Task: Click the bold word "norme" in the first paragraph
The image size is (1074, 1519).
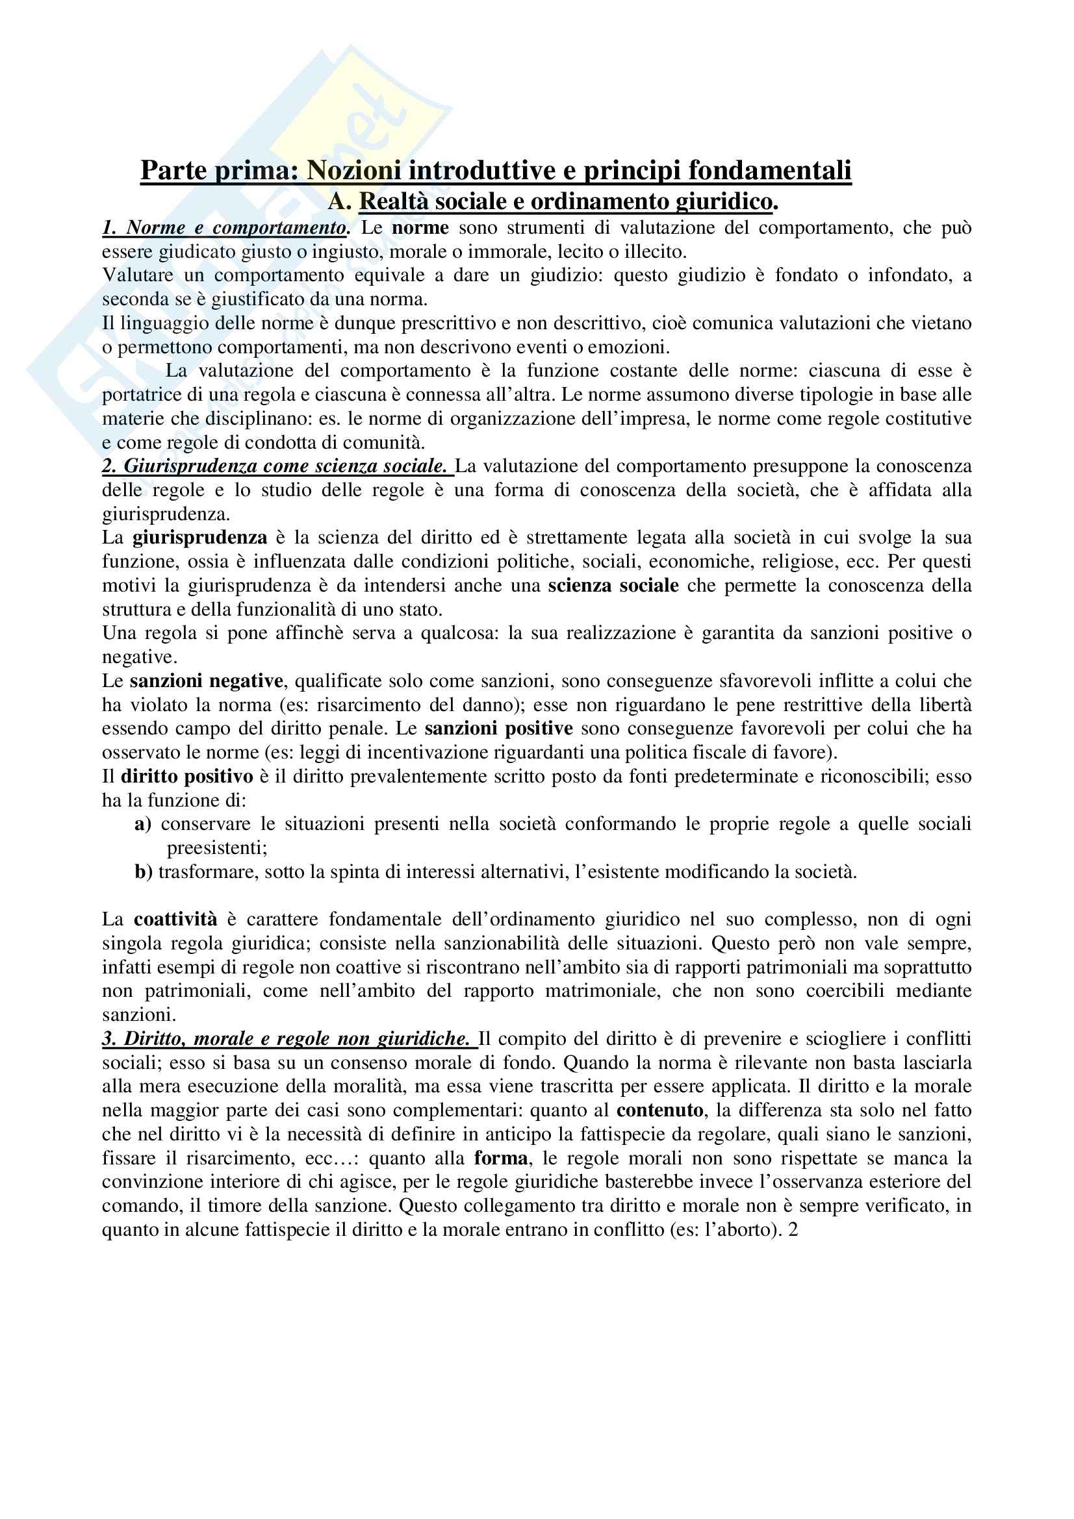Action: pyautogui.click(x=420, y=227)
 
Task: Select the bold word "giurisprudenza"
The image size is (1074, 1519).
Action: pyautogui.click(x=200, y=537)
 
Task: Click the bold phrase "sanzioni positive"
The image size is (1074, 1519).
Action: pyautogui.click(x=498, y=729)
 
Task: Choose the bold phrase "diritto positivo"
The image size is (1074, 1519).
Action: pyautogui.click(x=186, y=776)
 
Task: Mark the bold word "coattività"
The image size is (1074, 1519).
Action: pyautogui.click(x=175, y=919)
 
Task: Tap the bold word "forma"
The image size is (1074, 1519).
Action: pyautogui.click(x=501, y=1158)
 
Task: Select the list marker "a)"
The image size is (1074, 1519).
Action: pyautogui.click(x=143, y=823)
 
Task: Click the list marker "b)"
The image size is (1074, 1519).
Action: pyautogui.click(x=143, y=872)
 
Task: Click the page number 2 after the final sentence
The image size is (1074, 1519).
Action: pyautogui.click(x=793, y=1229)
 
